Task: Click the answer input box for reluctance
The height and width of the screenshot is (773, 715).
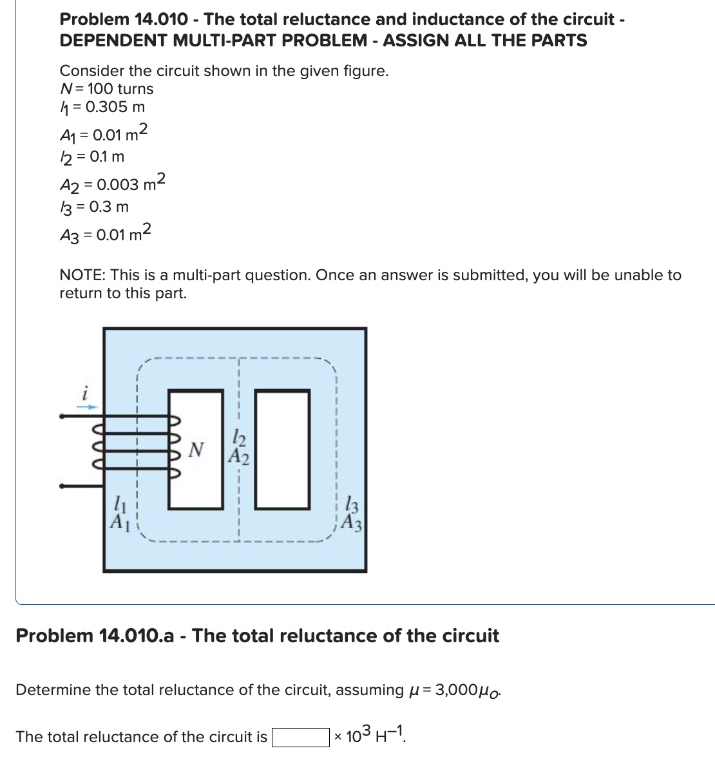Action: [x=300, y=737]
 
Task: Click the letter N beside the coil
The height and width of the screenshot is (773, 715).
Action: [x=198, y=448]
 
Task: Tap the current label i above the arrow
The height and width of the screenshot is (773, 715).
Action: [x=84, y=390]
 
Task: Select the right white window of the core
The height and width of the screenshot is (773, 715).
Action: [x=283, y=449]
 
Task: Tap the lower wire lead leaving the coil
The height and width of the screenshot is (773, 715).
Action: [x=81, y=486]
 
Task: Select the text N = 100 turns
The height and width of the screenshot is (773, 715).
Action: [x=107, y=89]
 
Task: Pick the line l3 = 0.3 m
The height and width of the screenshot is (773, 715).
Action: [x=95, y=207]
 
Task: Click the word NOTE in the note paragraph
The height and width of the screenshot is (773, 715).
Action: [x=82, y=276]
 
